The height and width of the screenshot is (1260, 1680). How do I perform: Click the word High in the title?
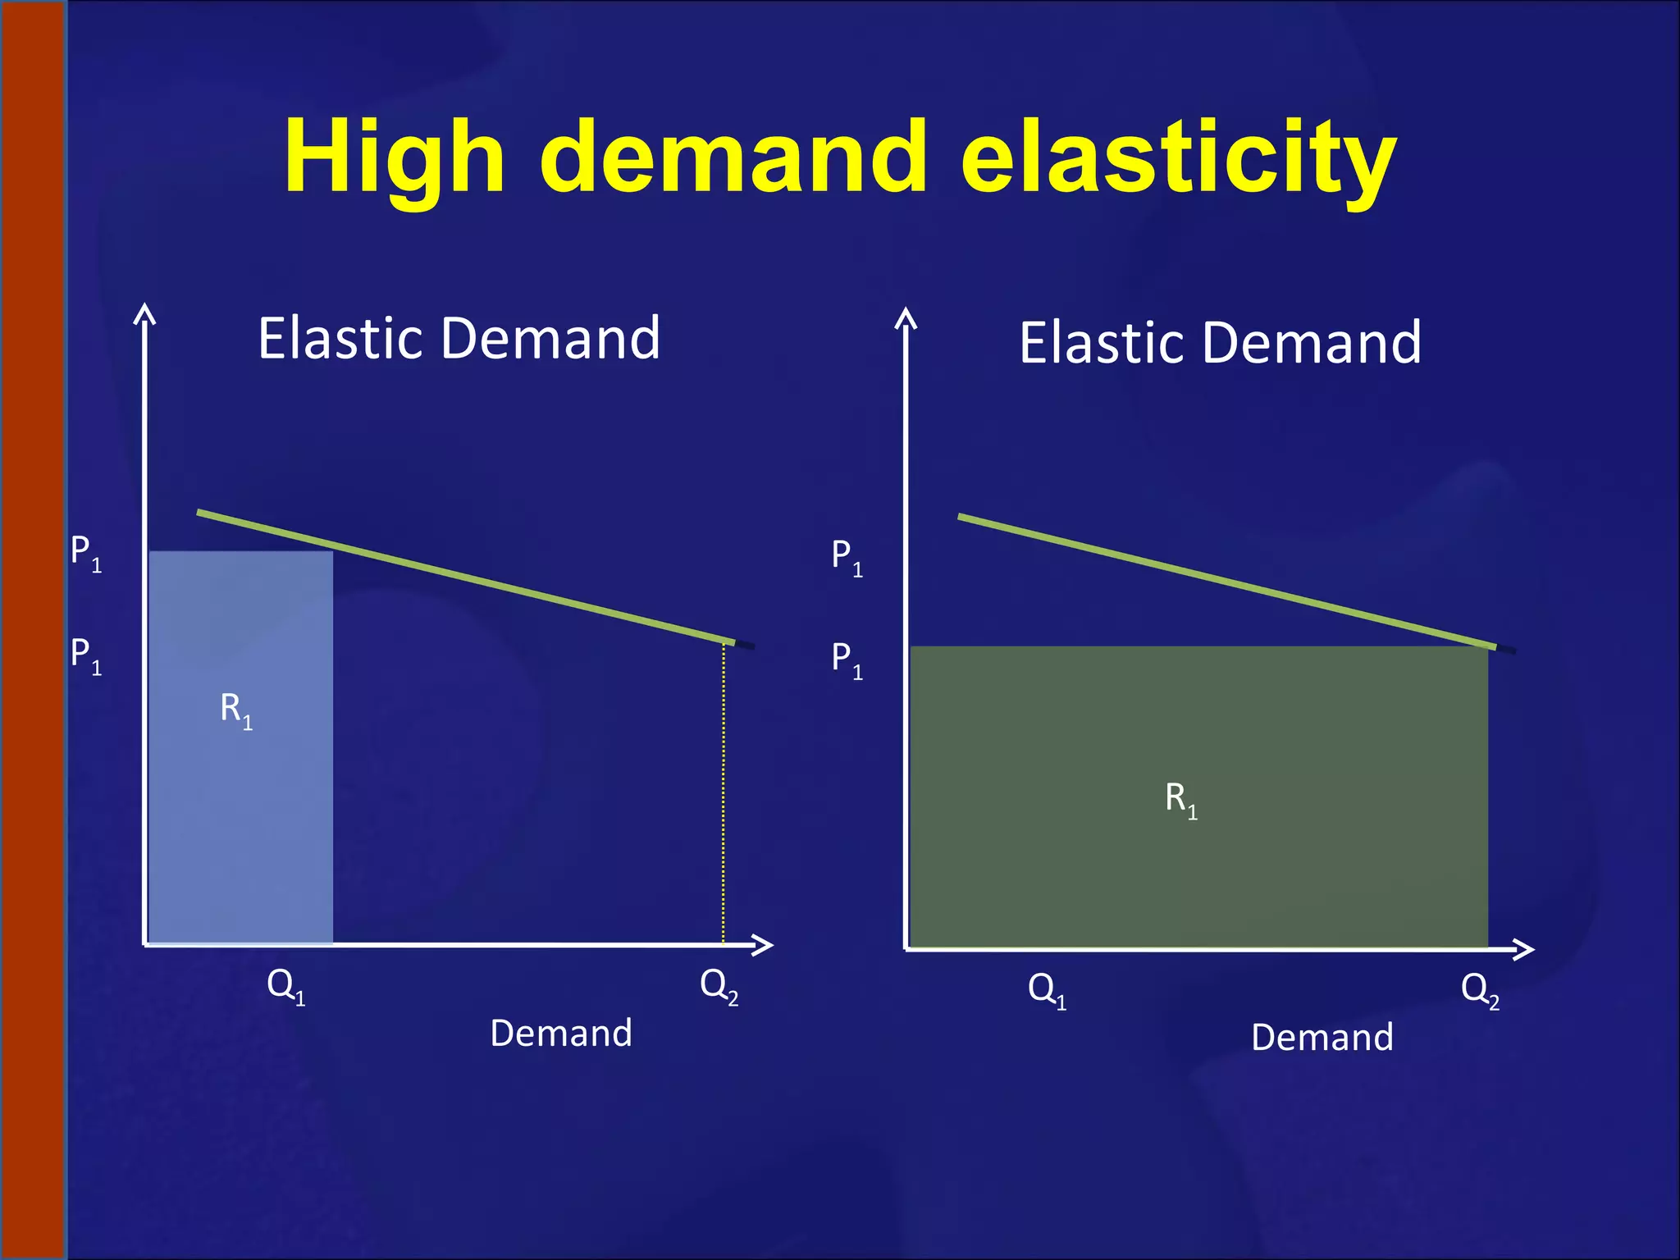pos(394,157)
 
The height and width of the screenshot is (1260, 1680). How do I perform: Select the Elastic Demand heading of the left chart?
pos(459,338)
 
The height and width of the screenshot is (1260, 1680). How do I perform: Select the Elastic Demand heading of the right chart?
pos(1220,343)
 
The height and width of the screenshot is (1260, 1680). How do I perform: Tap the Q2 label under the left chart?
pos(719,985)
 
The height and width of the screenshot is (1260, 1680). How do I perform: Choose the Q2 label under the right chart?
pos(1481,990)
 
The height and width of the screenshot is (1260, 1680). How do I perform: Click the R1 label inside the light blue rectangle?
pos(236,710)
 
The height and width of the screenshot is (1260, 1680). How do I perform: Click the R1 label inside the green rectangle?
pos(1181,799)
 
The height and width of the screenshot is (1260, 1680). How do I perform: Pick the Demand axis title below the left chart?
pos(561,1034)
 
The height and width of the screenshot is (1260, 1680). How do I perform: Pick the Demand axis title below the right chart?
pos(1322,1038)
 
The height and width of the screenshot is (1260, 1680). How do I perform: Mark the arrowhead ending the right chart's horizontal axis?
pos(1524,949)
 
